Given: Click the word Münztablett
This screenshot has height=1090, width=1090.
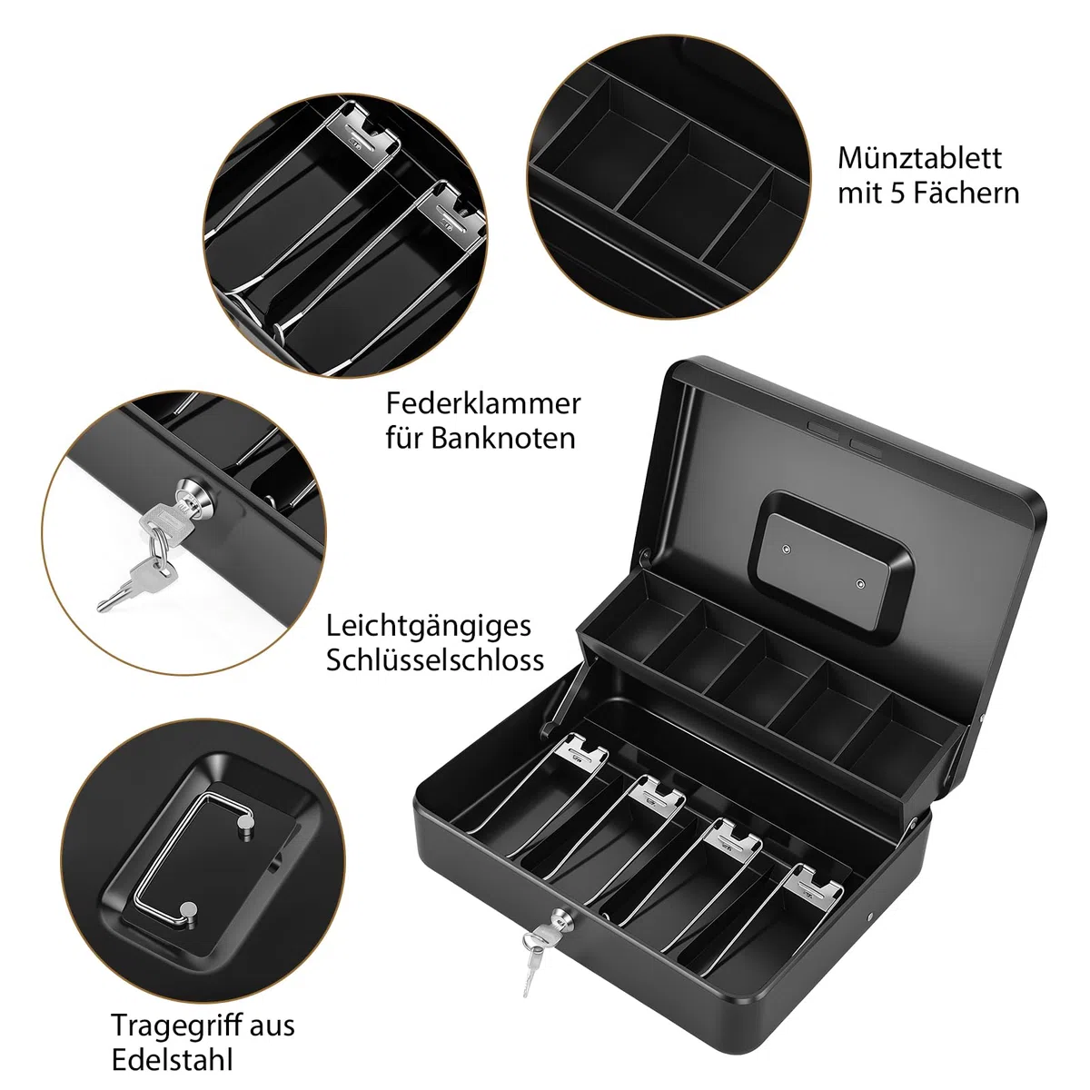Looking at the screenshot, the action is click(919, 158).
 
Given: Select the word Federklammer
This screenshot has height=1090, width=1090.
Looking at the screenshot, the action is click(483, 403).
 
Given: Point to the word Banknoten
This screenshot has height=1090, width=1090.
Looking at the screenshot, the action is click(503, 439).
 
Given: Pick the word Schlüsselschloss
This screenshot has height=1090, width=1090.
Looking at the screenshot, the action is click(435, 659).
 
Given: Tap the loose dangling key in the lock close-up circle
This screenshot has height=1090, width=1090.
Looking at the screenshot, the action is click(135, 582).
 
